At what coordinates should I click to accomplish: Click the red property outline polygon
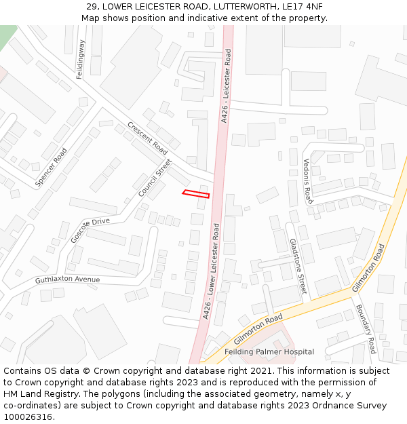click(x=196, y=194)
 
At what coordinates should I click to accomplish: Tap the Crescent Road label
click(x=147, y=138)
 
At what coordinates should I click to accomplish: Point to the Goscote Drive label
click(x=90, y=231)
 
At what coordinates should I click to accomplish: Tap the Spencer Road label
click(x=52, y=167)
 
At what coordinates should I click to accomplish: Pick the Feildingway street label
click(x=81, y=59)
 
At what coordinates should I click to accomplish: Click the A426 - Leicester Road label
click(x=226, y=85)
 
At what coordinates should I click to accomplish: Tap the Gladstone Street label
click(x=298, y=265)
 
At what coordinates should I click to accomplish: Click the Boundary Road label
click(x=366, y=328)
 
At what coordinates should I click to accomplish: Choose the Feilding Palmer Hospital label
click(x=269, y=351)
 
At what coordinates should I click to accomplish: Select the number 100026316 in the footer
click(x=28, y=417)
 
